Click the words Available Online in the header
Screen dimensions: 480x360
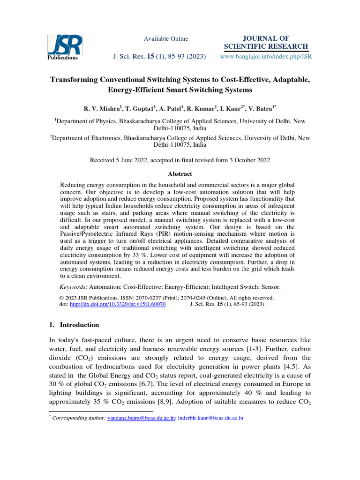click(165, 38)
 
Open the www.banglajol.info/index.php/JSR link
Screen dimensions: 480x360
click(266, 56)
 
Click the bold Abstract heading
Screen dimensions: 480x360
click(180, 174)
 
